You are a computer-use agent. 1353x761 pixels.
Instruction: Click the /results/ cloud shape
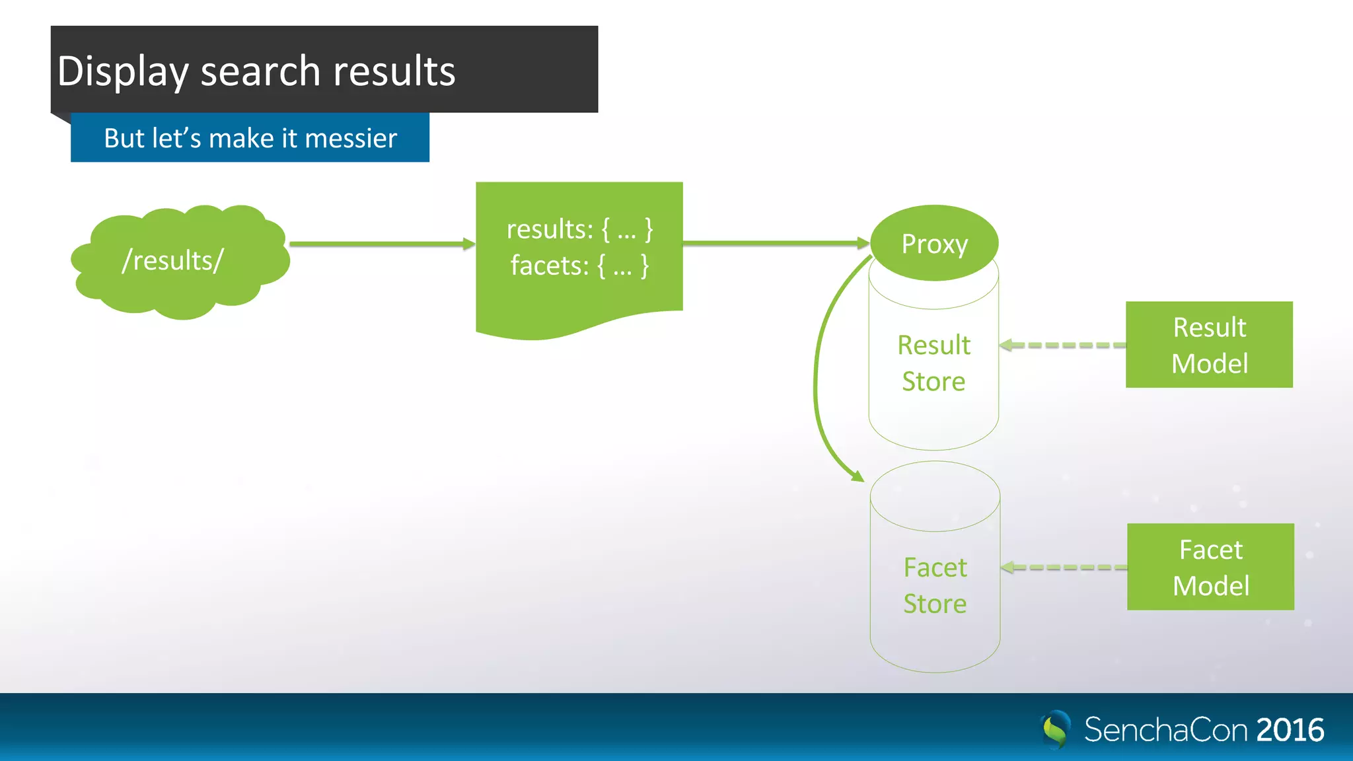click(180, 261)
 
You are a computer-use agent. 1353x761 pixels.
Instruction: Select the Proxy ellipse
click(934, 243)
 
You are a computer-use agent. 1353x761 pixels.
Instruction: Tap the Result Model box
click(1209, 345)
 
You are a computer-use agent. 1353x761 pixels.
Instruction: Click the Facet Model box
click(1210, 567)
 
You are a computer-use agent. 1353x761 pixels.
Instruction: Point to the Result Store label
click(933, 363)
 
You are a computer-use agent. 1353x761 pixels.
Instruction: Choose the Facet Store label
click(935, 585)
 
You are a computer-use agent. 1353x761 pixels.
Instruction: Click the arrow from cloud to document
click(382, 244)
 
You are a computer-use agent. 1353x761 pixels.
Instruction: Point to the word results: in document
click(550, 230)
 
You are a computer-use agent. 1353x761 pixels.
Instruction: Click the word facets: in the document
click(549, 266)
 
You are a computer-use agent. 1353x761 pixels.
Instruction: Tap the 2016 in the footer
click(1290, 730)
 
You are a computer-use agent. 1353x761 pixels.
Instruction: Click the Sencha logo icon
click(1056, 729)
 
